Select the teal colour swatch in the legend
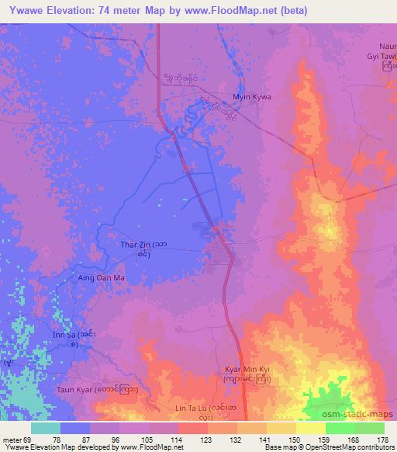[46, 428]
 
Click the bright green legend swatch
[339, 428]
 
